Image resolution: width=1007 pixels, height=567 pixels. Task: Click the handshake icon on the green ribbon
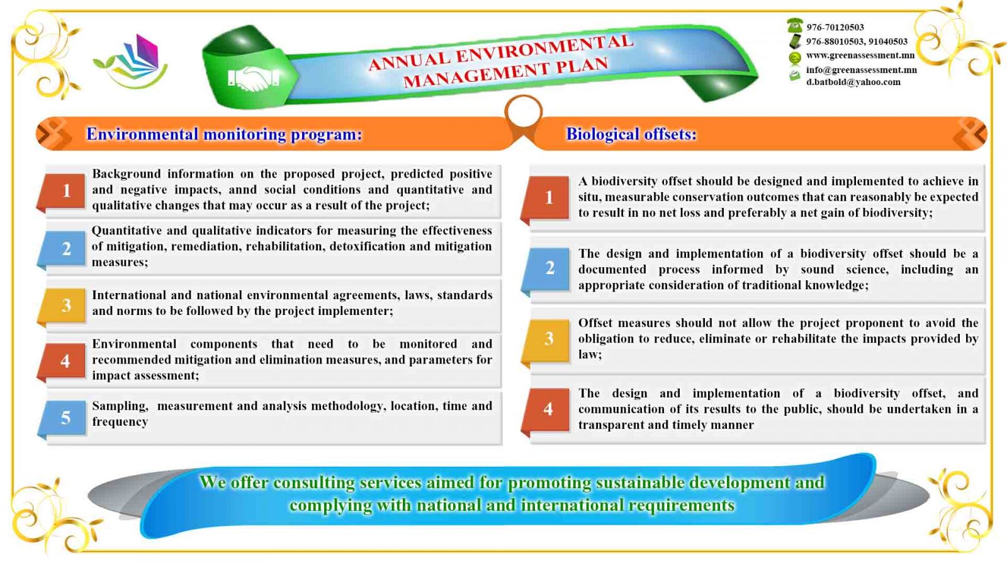(253, 79)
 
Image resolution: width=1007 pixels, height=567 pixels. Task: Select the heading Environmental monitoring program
(224, 134)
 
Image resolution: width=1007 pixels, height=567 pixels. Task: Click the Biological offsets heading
(631, 134)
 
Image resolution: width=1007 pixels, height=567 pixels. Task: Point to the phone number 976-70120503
(835, 27)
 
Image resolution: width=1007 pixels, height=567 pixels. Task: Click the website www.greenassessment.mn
(860, 55)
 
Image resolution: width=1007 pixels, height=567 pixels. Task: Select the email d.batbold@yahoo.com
(853, 82)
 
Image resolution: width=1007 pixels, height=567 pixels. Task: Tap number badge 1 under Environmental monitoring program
(66, 190)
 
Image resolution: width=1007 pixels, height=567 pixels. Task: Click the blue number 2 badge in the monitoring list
(66, 249)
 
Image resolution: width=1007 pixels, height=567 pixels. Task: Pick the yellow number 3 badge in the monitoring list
(66, 306)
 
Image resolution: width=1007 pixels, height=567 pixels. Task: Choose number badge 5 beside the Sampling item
(66, 418)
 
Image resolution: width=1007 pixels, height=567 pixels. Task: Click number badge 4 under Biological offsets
(548, 409)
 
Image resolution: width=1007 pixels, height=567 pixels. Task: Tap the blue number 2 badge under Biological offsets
(549, 268)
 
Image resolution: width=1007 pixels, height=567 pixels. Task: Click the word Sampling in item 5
(120, 406)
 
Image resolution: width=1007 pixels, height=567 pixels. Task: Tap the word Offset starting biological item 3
(595, 323)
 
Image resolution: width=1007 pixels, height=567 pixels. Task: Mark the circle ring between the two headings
(523, 112)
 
